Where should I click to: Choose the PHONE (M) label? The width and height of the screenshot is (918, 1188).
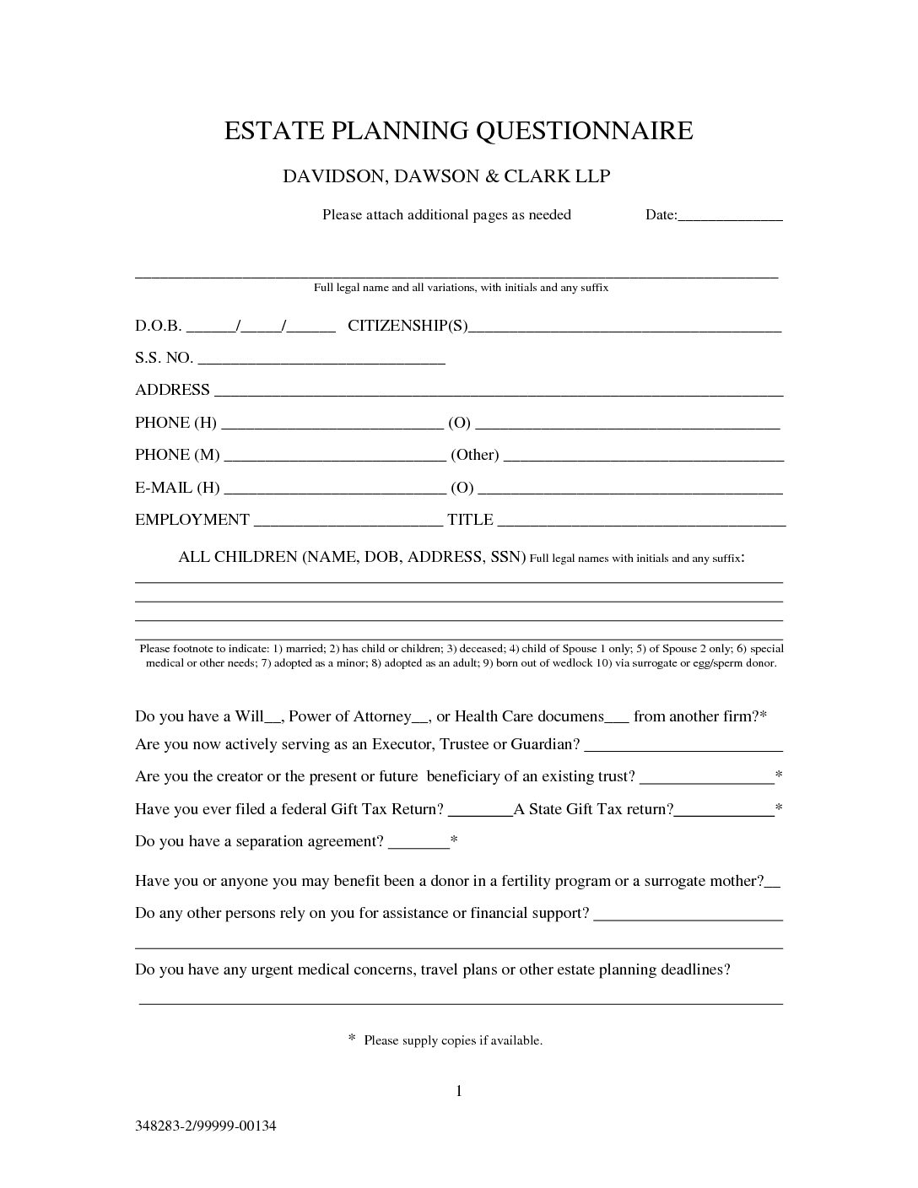tap(177, 455)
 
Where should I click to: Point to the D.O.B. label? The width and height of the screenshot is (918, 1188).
tap(158, 326)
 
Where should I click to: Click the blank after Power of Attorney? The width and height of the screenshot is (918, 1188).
tap(421, 720)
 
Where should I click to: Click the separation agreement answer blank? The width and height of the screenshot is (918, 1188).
tap(419, 845)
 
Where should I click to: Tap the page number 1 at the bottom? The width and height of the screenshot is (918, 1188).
tap(459, 1091)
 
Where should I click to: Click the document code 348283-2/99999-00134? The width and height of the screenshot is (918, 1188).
tap(206, 1126)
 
